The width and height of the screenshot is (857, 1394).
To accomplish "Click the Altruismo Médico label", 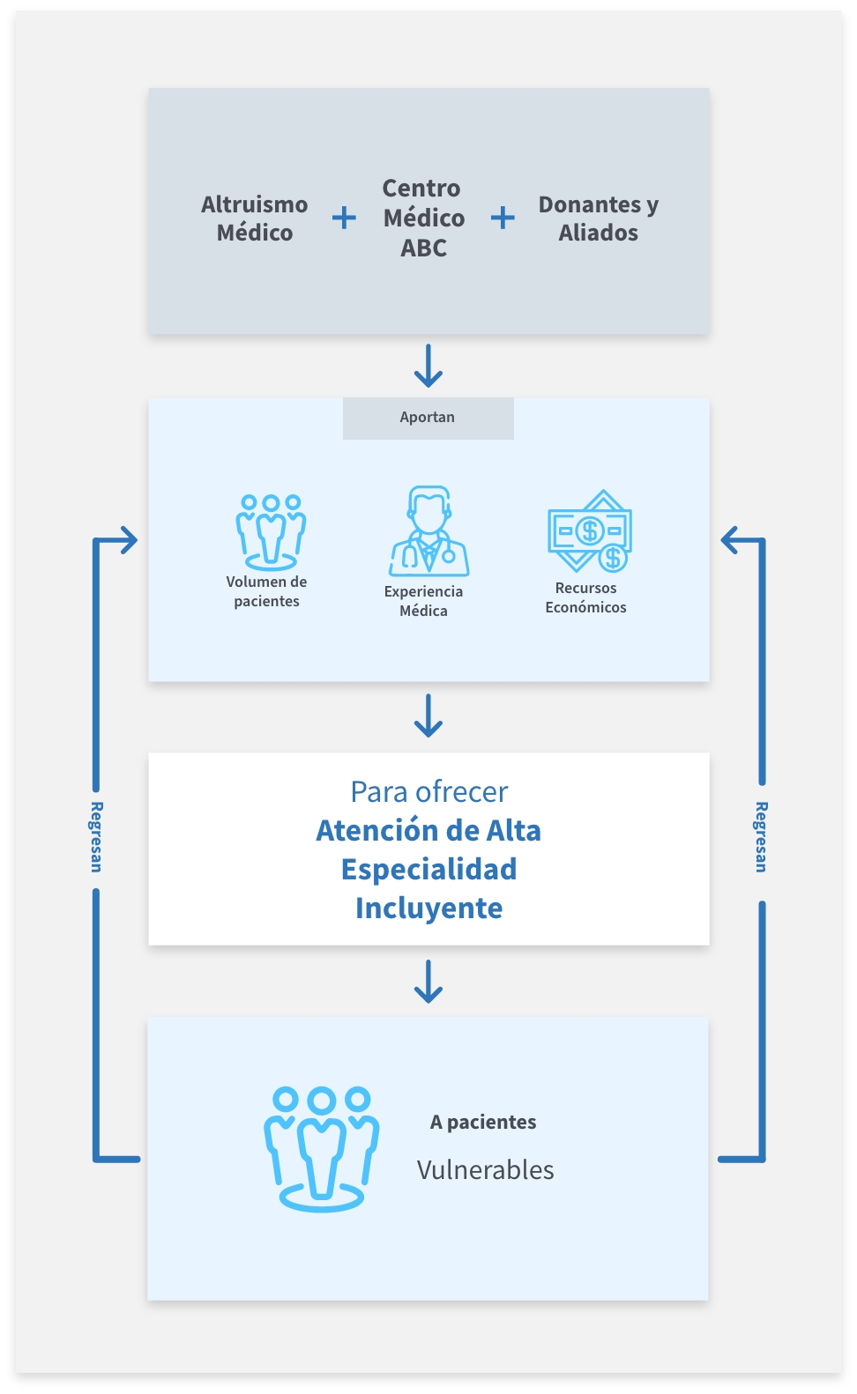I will click(x=255, y=219).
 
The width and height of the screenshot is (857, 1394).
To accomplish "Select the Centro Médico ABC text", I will click(x=423, y=218).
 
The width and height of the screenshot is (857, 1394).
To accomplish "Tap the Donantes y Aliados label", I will click(x=599, y=219).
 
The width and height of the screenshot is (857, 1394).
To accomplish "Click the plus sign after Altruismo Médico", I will click(x=344, y=218).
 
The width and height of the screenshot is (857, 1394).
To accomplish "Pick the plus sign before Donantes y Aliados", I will click(x=503, y=218).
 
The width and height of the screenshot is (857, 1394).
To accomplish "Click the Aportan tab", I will click(x=428, y=418).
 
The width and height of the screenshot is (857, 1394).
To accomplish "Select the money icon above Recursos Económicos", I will click(x=590, y=531).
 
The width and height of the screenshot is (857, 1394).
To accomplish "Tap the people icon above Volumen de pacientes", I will click(x=270, y=531).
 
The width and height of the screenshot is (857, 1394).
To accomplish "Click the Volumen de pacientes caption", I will click(x=266, y=591).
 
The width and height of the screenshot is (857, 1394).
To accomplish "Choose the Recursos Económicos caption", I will click(x=585, y=597).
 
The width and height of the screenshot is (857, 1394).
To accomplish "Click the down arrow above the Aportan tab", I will click(x=428, y=366).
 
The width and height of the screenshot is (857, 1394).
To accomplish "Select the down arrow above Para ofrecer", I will click(x=428, y=716).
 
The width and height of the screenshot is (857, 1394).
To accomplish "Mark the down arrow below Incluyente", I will click(x=428, y=982).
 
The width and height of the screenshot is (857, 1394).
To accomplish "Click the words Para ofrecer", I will click(x=429, y=791).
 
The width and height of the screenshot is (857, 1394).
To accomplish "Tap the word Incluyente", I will click(x=429, y=908).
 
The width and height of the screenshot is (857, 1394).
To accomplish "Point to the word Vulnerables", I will click(x=485, y=1169).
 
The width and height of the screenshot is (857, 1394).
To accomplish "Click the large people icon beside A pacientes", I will click(x=321, y=1148).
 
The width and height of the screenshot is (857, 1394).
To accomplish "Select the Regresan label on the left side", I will click(x=96, y=837).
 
